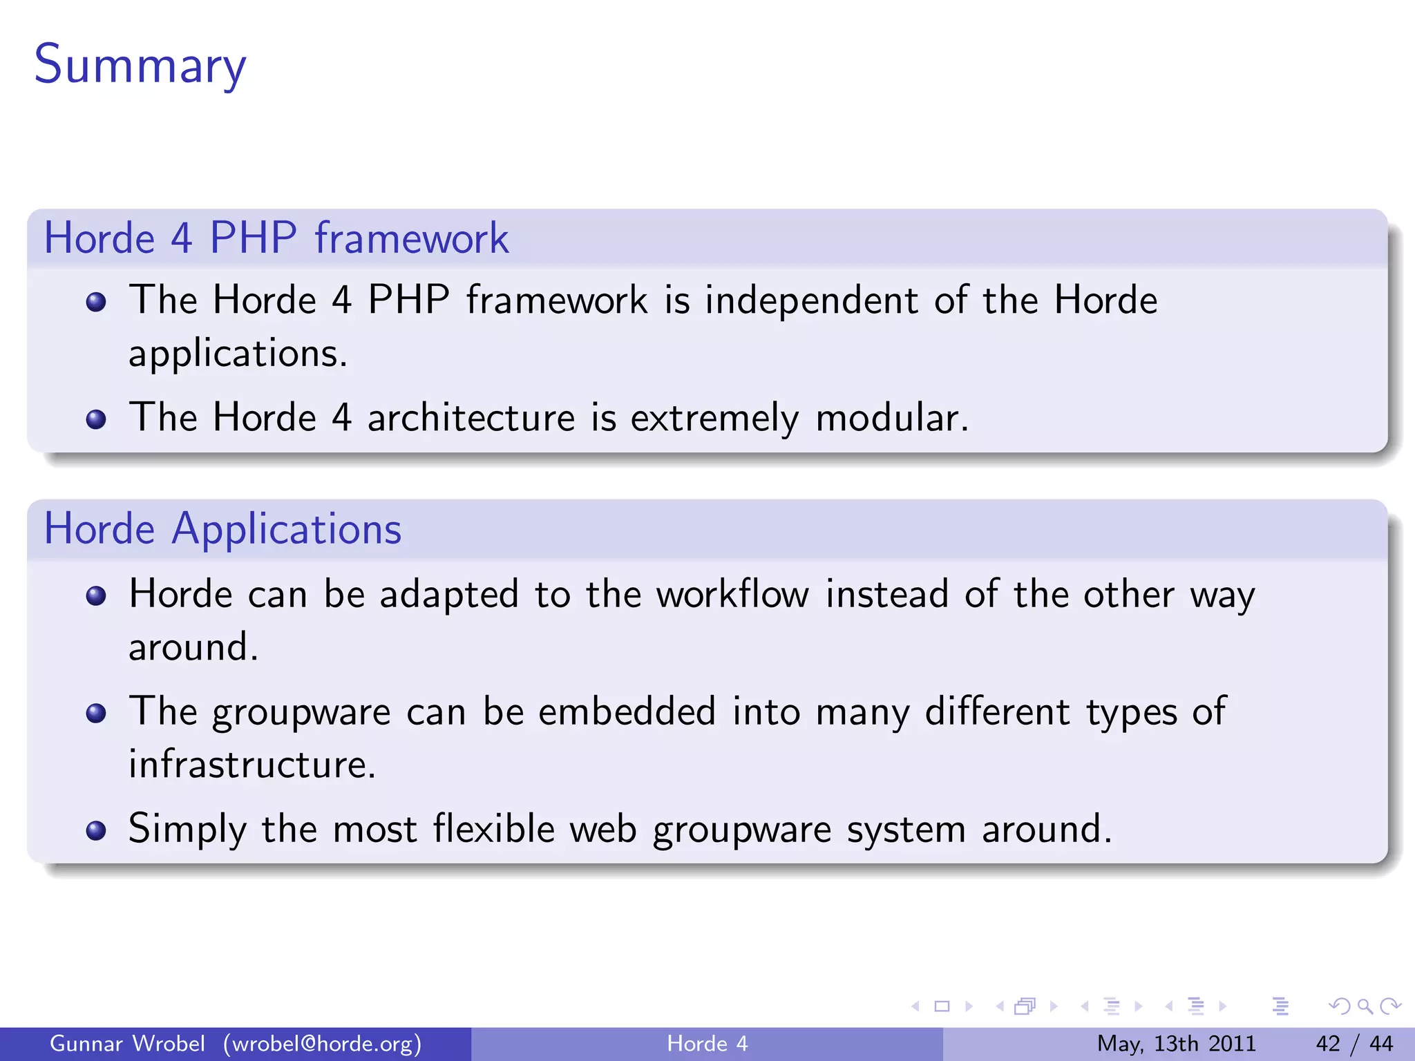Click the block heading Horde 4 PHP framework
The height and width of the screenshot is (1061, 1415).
coord(276,238)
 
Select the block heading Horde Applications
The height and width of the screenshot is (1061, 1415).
coord(222,529)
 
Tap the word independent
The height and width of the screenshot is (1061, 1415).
coord(811,300)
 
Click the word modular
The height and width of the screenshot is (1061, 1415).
coord(891,418)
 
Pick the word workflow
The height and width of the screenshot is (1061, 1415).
coord(732,595)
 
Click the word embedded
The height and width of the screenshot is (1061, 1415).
coord(627,712)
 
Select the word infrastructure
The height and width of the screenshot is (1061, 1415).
coord(252,765)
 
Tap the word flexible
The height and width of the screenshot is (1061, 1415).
coord(493,829)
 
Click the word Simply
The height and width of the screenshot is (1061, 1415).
coord(187,829)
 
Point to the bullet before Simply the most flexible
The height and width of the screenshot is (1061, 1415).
coord(96,830)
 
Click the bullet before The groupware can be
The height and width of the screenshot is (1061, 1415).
coord(96,713)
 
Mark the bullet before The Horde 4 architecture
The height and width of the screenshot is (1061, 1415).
coord(96,419)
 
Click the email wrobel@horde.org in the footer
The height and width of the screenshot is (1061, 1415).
coord(322,1044)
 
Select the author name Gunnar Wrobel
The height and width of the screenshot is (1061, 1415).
coord(127,1044)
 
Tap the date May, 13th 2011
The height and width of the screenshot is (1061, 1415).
coord(1176,1044)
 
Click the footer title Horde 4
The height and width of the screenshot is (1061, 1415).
coord(707,1044)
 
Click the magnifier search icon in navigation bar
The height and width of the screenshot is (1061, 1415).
coord(1365,1006)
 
